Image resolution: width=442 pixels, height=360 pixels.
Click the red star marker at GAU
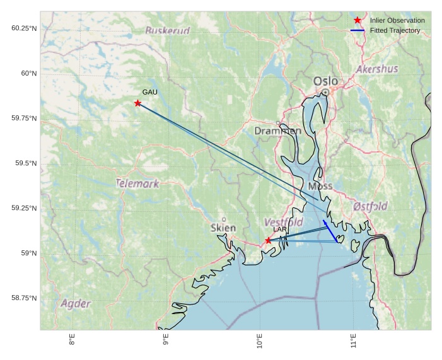tap(137, 103)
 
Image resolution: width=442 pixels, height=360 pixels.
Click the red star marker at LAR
tap(268, 240)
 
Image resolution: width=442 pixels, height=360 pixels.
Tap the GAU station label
tap(149, 92)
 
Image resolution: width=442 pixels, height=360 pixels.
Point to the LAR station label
tap(280, 229)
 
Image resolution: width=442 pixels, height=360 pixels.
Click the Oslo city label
tap(325, 81)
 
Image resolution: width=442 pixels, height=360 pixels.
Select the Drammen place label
tap(277, 131)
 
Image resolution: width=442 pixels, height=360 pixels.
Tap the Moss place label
tap(320, 186)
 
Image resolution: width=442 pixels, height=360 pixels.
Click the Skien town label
tap(223, 228)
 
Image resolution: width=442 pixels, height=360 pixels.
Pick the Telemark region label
tap(137, 183)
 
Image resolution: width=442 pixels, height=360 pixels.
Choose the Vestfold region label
tap(283, 222)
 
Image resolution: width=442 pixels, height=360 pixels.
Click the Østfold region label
tap(370, 206)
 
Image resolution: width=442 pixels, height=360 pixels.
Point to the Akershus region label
tap(376, 69)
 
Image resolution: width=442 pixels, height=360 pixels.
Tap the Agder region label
tap(76, 303)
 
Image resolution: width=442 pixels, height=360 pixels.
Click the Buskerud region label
tap(167, 30)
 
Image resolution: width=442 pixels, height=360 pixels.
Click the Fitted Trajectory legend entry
tap(395, 30)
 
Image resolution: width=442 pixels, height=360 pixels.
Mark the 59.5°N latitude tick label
tap(25, 163)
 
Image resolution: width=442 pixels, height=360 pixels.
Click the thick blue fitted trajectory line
tap(330, 231)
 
